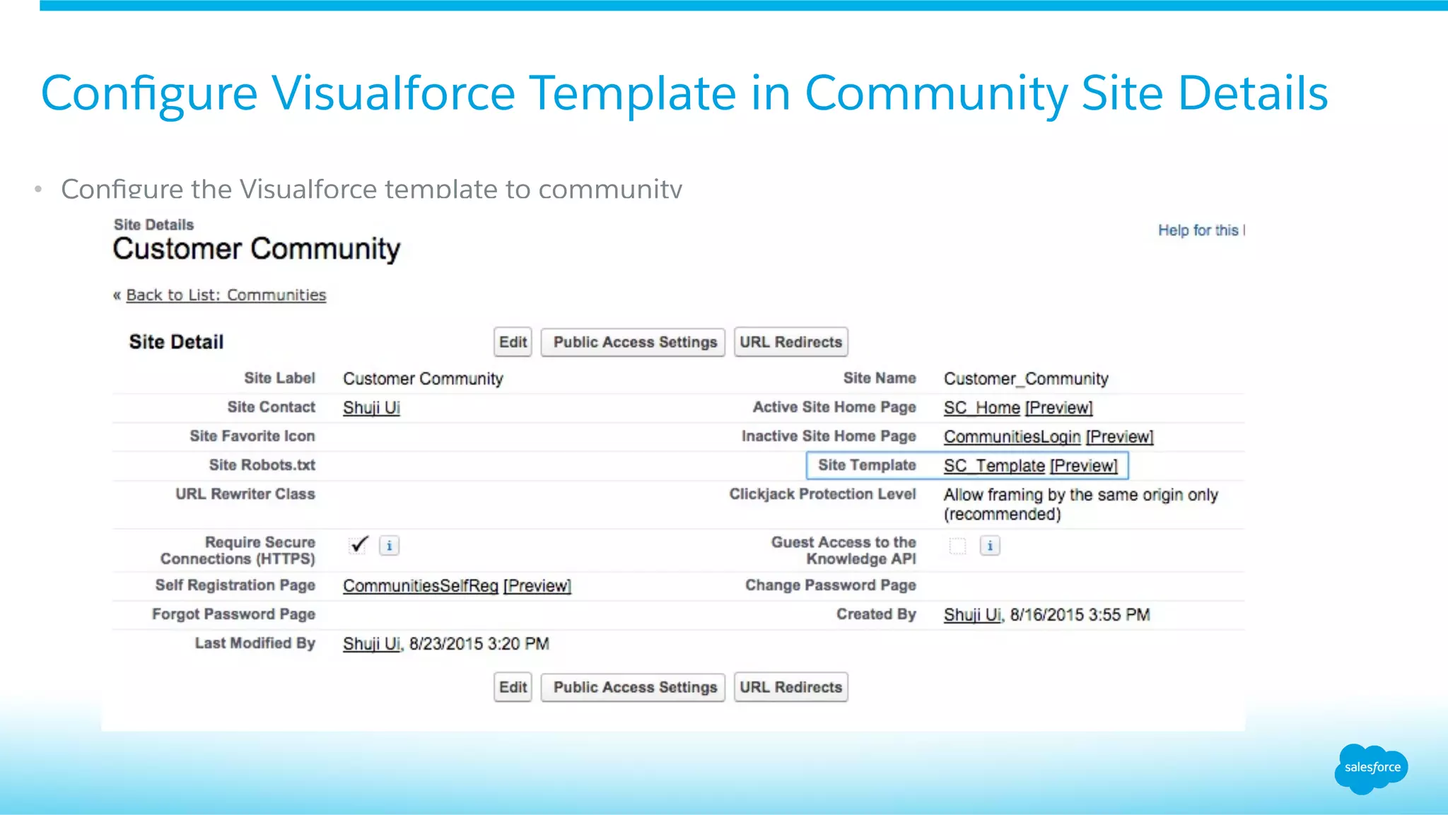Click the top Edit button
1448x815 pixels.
(x=513, y=342)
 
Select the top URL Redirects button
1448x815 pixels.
(x=790, y=342)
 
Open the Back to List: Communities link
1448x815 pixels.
(x=226, y=295)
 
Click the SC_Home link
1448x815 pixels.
(x=981, y=408)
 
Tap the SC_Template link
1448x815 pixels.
(x=993, y=466)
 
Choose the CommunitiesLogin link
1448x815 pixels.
(x=1012, y=437)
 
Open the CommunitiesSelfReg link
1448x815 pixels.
(x=421, y=586)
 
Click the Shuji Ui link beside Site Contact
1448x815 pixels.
(x=371, y=408)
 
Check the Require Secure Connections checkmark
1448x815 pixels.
(x=358, y=545)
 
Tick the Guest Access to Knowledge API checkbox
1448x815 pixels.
(x=957, y=546)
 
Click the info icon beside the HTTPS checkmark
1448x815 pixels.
(x=389, y=546)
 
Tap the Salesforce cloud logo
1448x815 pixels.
(x=1371, y=768)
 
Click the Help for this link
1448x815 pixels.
(x=1200, y=230)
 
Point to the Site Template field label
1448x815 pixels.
(x=867, y=465)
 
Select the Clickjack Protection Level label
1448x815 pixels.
(x=822, y=494)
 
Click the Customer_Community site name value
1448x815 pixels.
(x=1026, y=379)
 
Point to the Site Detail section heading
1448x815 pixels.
(x=176, y=342)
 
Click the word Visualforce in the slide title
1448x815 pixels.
(x=394, y=93)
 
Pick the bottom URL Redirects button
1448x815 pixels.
(x=790, y=687)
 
